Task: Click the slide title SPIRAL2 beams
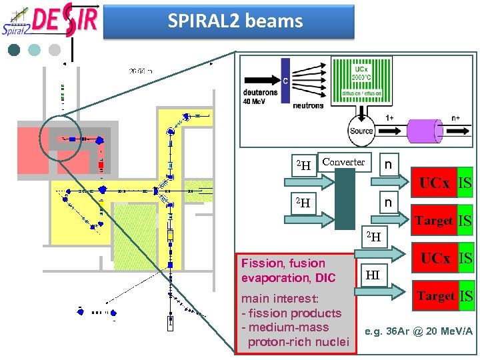(x=235, y=21)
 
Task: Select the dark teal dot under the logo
(x=15, y=49)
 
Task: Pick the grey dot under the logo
(x=55, y=49)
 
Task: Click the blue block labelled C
(x=285, y=81)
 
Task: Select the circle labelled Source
(x=361, y=130)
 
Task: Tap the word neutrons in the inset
(x=307, y=105)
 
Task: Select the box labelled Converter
(x=343, y=162)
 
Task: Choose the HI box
(x=373, y=274)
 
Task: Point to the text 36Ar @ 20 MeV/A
(x=419, y=331)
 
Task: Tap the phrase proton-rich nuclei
(x=298, y=342)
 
